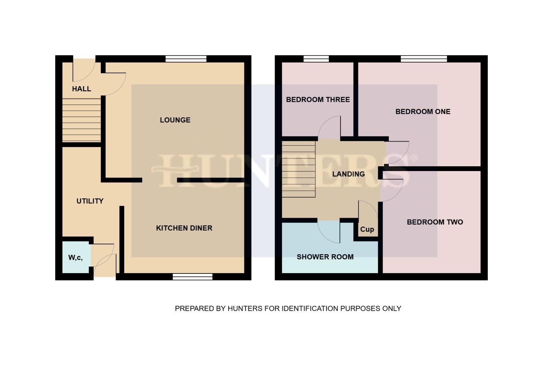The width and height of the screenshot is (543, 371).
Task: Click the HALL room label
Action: coord(81,89)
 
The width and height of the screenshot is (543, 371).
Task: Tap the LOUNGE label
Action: coord(175,120)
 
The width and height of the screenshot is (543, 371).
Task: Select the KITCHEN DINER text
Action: coord(184,228)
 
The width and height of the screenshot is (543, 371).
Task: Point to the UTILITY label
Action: coord(90,201)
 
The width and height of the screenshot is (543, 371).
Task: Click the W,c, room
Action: coord(76,257)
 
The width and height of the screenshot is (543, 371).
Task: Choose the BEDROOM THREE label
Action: coord(318,100)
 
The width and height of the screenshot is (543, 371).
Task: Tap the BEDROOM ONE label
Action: coord(423,111)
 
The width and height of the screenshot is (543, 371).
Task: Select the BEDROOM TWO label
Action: coord(435,222)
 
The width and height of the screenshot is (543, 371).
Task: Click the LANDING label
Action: coord(348,174)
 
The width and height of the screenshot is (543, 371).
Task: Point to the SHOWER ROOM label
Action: coord(325,257)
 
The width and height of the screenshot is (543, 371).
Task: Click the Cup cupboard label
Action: coord(367,229)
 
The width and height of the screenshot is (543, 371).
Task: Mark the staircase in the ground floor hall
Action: coord(81,120)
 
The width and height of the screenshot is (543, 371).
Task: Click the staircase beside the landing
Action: coord(299,169)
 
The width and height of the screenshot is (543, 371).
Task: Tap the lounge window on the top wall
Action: coord(186,59)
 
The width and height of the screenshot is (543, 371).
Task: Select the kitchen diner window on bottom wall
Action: coord(193,277)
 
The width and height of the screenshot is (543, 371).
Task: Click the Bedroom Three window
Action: coord(316,59)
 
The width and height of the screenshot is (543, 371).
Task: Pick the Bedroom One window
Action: coord(424,59)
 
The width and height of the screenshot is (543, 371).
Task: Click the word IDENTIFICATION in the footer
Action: coord(310,308)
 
